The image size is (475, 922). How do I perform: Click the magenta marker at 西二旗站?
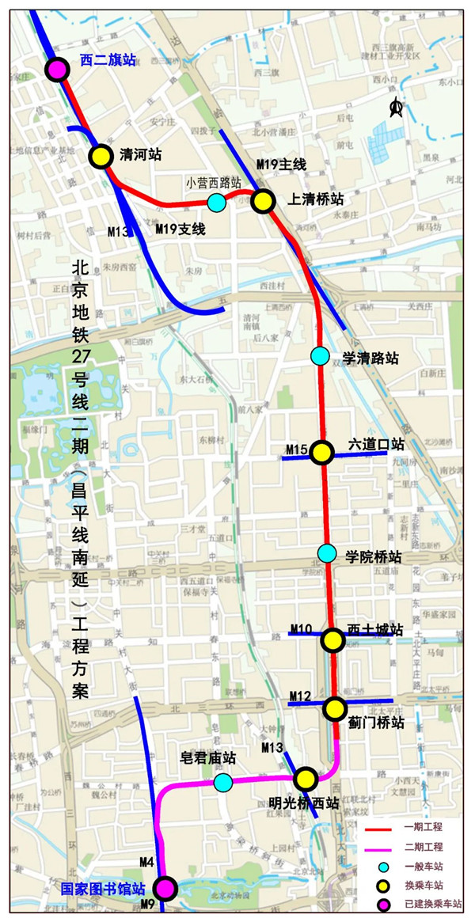click(x=56, y=70)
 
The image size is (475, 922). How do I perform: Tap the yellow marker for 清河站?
click(x=101, y=156)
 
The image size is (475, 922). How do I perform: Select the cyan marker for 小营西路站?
click(x=216, y=203)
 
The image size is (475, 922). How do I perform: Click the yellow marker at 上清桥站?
click(x=263, y=201)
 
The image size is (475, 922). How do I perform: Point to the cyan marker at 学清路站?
click(x=320, y=356)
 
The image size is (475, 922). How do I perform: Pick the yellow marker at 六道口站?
click(x=321, y=452)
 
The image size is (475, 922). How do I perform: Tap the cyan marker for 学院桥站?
click(x=326, y=552)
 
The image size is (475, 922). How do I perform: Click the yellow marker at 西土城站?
click(x=332, y=639)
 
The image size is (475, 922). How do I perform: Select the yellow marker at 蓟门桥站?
click(x=335, y=708)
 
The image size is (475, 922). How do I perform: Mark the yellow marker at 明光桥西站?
click(x=306, y=779)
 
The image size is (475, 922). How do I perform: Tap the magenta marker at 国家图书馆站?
click(x=165, y=889)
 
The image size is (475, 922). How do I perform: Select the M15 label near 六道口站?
click(x=296, y=450)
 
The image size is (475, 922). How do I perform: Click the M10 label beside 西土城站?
click(x=301, y=629)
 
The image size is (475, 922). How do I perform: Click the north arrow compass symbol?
click(x=397, y=108)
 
